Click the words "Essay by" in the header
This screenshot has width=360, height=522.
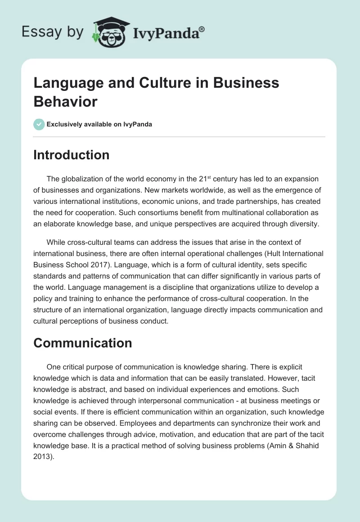(x=53, y=32)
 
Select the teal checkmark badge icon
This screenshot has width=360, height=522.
(x=39, y=124)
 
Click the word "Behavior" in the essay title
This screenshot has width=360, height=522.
(x=65, y=101)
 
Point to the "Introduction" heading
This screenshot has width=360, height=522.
(x=72, y=155)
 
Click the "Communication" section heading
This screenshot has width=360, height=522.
(x=83, y=343)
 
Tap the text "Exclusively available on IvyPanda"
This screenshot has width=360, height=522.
(x=99, y=124)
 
